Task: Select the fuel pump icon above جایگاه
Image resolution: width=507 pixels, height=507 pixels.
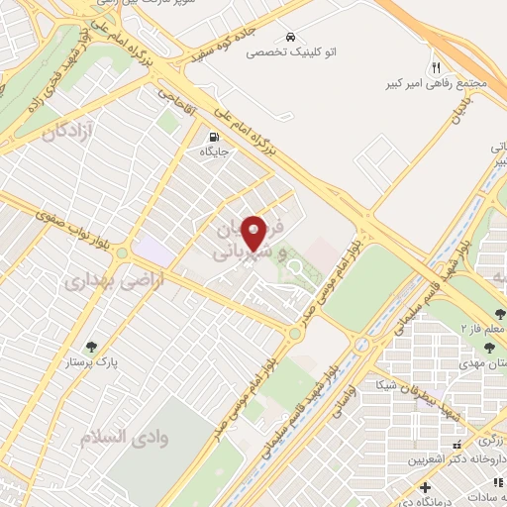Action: click(x=214, y=137)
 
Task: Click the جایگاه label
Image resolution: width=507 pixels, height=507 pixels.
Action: click(x=214, y=152)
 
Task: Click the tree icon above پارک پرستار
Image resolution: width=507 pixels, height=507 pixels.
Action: click(x=92, y=347)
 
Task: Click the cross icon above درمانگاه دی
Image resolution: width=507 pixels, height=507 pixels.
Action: click(x=426, y=488)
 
